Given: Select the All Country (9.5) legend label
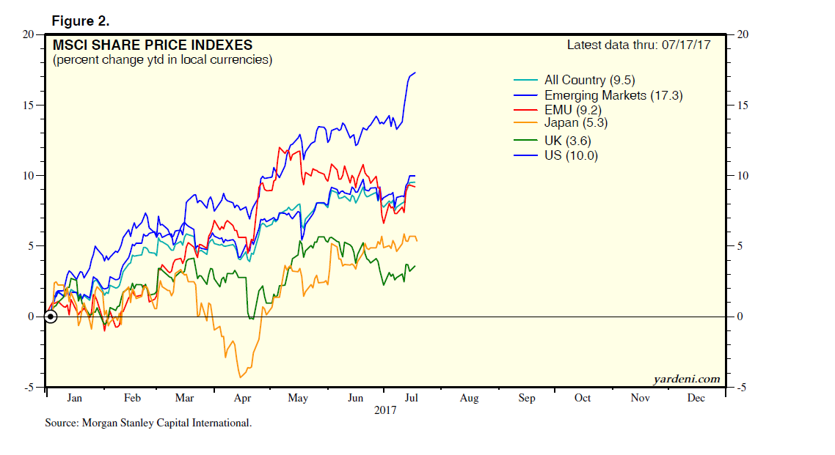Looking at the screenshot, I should coord(586,80).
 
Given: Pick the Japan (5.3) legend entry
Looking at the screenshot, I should coord(576,124).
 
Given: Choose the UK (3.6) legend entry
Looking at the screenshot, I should coord(567,140).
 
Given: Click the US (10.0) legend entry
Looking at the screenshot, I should coord(571,155).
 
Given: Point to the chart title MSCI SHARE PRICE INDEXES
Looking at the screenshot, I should coord(152,45).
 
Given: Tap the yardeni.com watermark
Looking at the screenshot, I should coord(686,379).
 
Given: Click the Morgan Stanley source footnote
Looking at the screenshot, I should coord(148,423).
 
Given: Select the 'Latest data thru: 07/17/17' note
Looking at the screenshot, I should coord(643,45).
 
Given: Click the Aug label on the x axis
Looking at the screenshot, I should coord(469,399).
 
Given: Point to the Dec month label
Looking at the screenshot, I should coord(696,399).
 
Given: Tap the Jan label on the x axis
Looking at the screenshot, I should coord(74,399).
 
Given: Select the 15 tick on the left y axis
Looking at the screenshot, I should coord(29,105).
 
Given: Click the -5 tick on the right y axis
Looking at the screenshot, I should coord(742,388).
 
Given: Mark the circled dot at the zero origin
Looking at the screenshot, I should coord(50,317).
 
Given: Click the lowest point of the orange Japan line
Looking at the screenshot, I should coord(239,377).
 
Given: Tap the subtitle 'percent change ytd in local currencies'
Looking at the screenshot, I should coord(162,60).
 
